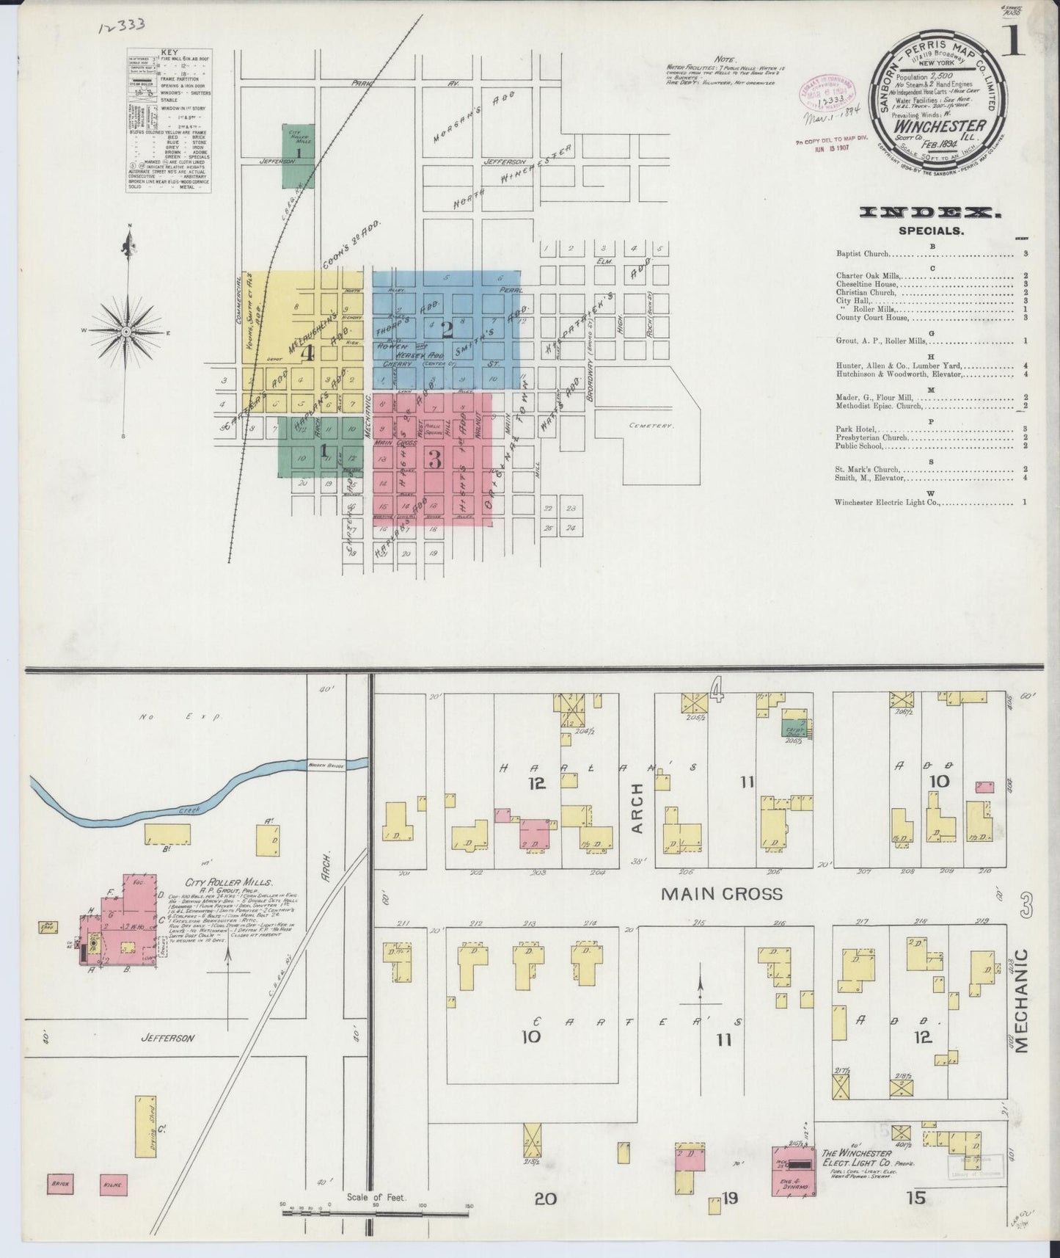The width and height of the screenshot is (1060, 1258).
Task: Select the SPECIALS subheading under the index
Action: coord(932,230)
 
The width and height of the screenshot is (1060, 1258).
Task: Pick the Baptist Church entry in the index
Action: coord(863,254)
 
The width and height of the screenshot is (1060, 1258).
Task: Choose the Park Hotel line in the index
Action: coord(855,429)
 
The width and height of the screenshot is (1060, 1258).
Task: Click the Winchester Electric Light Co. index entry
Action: coord(887,503)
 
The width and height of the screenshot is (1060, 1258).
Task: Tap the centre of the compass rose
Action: coord(127,331)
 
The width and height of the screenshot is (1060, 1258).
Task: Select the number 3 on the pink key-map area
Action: coord(434,459)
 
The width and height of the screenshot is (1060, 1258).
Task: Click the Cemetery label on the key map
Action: coord(650,425)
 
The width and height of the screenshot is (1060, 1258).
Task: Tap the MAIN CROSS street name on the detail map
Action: coord(722,894)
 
